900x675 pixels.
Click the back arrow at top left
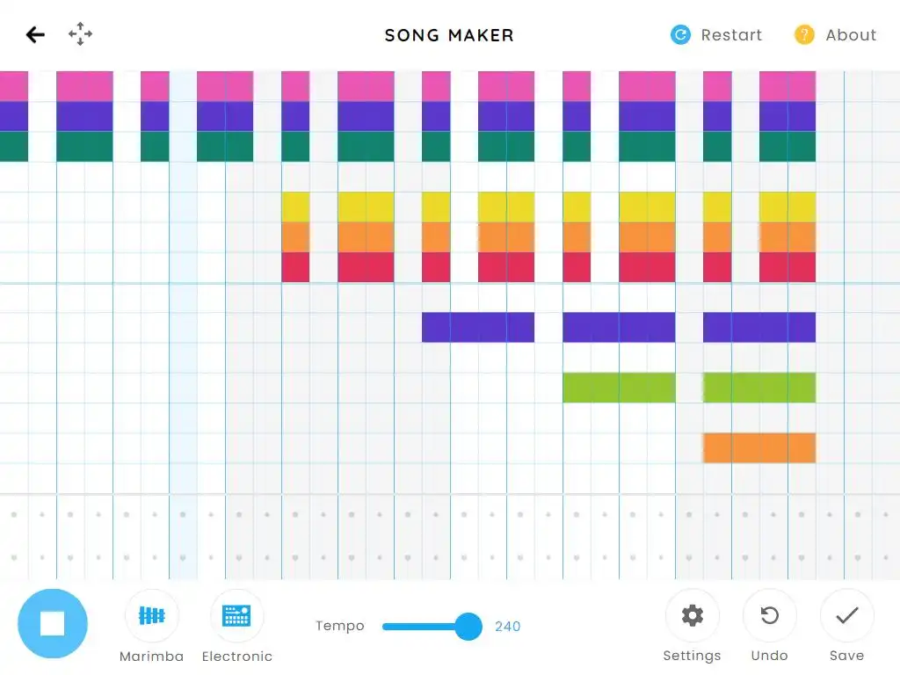click(35, 35)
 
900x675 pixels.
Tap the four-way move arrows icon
click(81, 35)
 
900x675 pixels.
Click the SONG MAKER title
click(449, 35)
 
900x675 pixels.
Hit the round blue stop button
click(53, 624)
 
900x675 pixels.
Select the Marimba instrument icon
click(152, 615)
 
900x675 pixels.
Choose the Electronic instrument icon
click(236, 615)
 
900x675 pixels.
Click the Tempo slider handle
click(468, 627)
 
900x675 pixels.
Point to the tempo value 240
click(508, 627)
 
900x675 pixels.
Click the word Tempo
click(340, 627)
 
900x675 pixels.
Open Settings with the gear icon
click(693, 615)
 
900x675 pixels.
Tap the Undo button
click(770, 615)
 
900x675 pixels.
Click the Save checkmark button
click(847, 615)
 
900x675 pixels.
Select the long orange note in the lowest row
click(759, 447)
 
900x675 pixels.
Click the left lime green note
click(619, 388)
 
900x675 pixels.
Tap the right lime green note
click(759, 388)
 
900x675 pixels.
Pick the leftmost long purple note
click(478, 327)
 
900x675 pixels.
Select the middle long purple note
click(619, 327)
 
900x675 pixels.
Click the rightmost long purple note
click(759, 327)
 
